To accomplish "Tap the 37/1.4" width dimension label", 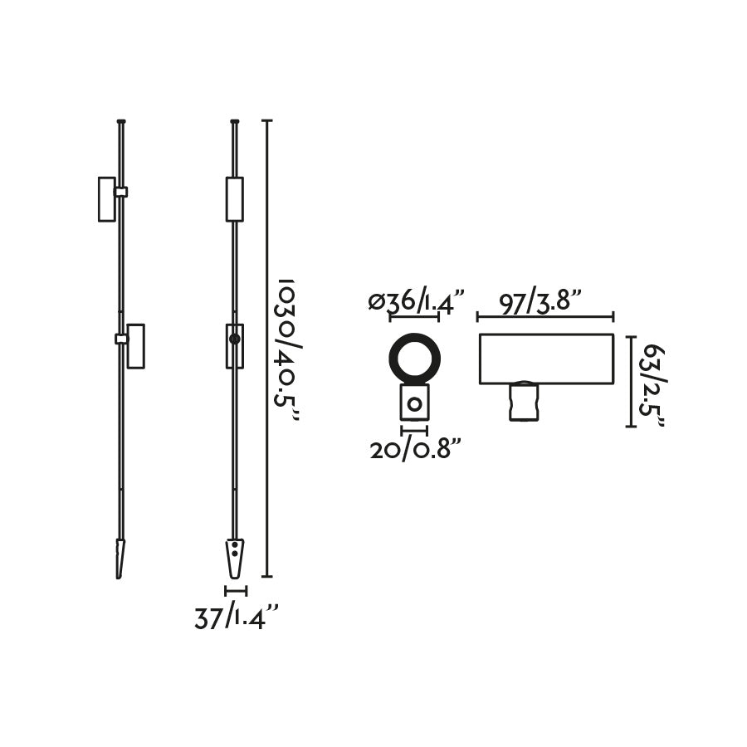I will tap(236, 618).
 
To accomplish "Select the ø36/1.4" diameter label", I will tap(416, 301).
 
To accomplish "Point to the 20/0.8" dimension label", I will tap(415, 450).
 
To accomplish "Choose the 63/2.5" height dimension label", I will tap(652, 382).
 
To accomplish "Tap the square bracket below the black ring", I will tap(414, 403).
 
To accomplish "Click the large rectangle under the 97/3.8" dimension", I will tap(546, 359).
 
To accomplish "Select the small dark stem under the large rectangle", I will tap(522, 401).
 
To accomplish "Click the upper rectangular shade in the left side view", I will tap(106, 199).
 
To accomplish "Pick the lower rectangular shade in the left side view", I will tap(135, 345).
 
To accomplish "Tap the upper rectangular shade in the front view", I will tap(235, 199).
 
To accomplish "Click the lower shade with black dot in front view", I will tap(235, 345).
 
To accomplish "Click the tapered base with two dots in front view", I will tap(235, 558).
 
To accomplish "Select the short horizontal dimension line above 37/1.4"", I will tap(236, 591).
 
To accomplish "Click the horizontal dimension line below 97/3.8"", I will tap(545, 316).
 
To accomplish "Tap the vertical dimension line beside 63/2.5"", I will tap(630, 381).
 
